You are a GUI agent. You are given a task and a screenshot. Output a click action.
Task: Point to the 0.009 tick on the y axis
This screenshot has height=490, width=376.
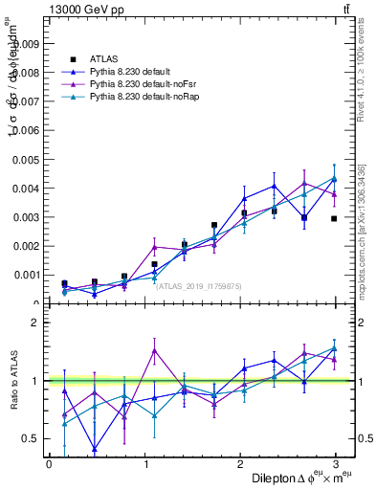coord(25,43)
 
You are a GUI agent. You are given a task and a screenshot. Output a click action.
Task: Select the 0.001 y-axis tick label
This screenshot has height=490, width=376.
coord(25,275)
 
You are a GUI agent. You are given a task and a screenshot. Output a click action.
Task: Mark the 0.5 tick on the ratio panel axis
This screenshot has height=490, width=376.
coord(31,438)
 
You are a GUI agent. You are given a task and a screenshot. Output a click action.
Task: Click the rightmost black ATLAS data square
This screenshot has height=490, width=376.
coord(334,219)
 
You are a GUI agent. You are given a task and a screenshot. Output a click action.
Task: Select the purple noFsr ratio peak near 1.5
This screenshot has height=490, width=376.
coord(154,350)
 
